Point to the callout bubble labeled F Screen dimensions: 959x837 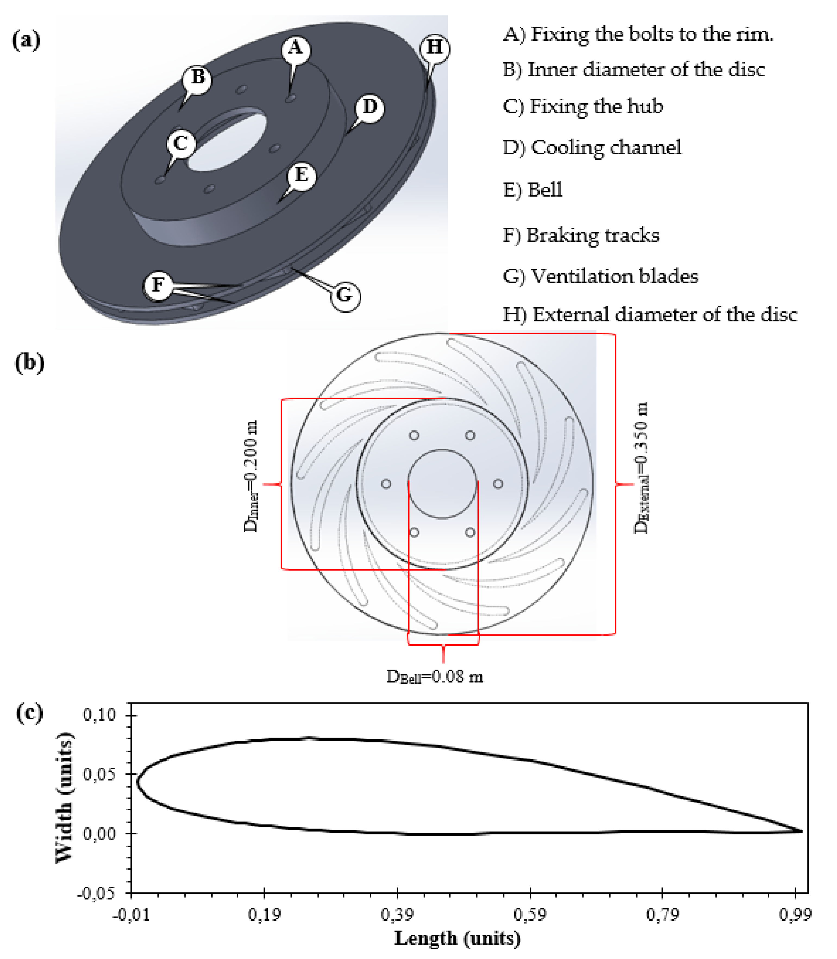coord(158,285)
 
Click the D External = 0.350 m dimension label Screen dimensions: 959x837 coord(641,467)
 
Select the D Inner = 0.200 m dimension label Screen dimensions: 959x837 coord(251,476)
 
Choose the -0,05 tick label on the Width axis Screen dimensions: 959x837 coord(96,893)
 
